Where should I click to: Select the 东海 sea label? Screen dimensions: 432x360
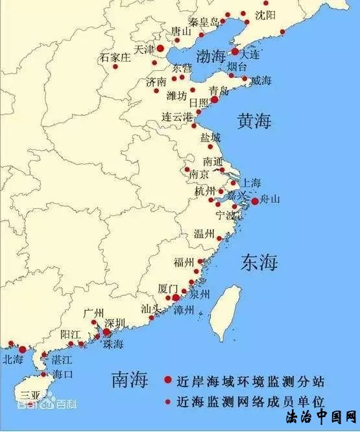[259, 262]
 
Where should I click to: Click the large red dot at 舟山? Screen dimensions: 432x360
[255, 201]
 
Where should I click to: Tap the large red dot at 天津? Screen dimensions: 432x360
[160, 48]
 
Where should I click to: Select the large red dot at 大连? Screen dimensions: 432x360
[235, 51]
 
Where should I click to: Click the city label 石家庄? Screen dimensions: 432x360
[115, 57]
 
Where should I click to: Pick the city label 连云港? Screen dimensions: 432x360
[177, 117]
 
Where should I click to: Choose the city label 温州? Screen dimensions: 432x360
[204, 234]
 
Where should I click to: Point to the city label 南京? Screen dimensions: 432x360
[199, 174]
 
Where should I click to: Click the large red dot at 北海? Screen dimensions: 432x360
[23, 350]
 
